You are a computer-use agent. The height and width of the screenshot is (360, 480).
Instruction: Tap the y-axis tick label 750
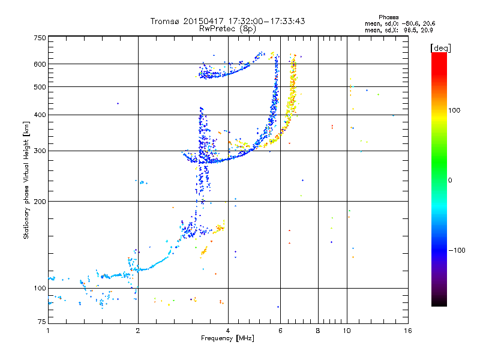point(40,38)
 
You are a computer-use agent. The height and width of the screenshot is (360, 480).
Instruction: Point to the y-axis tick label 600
point(40,64)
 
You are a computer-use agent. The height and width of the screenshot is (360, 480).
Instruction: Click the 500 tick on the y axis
point(40,87)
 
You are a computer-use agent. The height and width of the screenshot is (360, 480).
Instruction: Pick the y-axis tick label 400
point(40,115)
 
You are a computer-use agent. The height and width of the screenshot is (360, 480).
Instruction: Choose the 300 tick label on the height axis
point(40,151)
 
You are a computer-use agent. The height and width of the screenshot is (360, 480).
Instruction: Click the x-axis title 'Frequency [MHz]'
point(227,339)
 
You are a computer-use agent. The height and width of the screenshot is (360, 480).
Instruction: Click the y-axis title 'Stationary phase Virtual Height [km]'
point(26,180)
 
